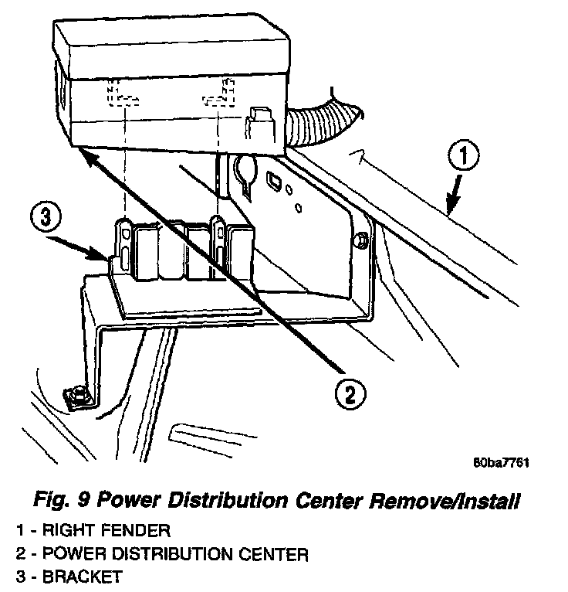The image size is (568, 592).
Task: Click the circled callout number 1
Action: point(463,156)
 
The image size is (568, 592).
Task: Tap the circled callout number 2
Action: point(350,395)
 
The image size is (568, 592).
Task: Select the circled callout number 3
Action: point(46,217)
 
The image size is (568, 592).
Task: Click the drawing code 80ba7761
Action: point(501,462)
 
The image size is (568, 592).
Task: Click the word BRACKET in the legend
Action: point(82,577)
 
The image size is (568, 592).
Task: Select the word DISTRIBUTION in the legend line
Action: point(172,554)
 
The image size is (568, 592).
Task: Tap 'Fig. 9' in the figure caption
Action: point(62,501)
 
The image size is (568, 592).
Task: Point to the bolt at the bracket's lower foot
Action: point(79,396)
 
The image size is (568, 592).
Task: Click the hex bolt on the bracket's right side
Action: point(360,240)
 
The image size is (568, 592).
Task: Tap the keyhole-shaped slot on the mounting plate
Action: point(245,175)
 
